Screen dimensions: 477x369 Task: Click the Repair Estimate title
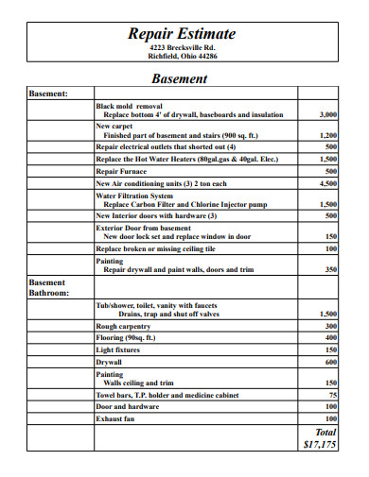(183, 34)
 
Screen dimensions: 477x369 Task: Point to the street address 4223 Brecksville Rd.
(183, 46)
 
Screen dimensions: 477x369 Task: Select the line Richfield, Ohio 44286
(183, 56)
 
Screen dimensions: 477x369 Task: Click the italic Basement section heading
(183, 78)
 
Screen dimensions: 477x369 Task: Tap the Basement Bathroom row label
(48, 287)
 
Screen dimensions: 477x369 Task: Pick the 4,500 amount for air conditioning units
(327, 183)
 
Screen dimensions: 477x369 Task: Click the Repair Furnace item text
(120, 172)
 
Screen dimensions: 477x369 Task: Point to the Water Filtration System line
(135, 196)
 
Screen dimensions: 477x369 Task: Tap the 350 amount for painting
(331, 269)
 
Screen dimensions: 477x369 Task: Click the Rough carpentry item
(123, 326)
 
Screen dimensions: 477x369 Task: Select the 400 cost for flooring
(331, 337)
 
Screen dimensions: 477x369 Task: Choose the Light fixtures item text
(119, 349)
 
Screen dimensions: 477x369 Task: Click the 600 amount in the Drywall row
(331, 362)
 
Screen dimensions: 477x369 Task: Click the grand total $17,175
(320, 442)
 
